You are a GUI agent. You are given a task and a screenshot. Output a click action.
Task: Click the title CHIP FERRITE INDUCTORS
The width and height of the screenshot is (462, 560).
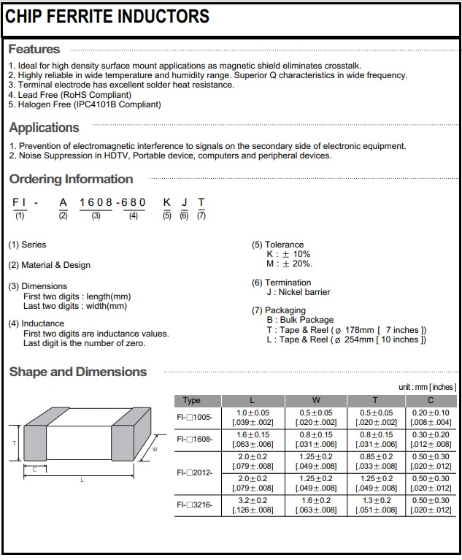(107, 16)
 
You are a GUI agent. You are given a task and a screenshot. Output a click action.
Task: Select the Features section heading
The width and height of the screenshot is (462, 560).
(34, 50)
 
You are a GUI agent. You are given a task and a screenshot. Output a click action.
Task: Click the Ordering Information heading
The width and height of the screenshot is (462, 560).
(71, 179)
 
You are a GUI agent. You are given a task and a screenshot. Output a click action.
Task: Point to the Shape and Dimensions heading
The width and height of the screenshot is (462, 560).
(77, 372)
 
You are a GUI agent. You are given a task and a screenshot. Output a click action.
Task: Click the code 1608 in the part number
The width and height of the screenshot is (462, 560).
(95, 202)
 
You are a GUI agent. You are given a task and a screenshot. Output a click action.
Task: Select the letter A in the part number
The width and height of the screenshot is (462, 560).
(63, 202)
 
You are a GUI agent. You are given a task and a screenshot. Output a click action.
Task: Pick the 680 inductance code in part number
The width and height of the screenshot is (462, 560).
(134, 202)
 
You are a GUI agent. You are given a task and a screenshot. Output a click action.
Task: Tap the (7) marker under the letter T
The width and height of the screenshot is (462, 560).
(201, 216)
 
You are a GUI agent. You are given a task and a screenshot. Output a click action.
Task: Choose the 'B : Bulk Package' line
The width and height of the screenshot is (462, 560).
(300, 320)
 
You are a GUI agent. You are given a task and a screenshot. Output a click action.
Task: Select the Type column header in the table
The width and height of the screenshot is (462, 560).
(192, 400)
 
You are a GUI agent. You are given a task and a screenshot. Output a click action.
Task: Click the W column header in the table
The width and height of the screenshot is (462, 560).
(315, 400)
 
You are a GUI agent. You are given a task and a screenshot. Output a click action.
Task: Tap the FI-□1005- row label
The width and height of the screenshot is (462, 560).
(195, 417)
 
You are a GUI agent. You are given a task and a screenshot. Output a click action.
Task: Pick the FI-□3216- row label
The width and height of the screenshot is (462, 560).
(195, 504)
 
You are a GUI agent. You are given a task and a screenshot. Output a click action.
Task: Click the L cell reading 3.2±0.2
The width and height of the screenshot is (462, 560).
(253, 500)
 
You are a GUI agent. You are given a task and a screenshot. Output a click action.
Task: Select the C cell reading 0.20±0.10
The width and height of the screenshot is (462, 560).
(430, 413)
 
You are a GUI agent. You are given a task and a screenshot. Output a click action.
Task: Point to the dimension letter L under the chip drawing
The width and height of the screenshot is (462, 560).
(82, 480)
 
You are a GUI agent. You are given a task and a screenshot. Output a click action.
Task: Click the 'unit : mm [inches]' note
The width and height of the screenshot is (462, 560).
(427, 386)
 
